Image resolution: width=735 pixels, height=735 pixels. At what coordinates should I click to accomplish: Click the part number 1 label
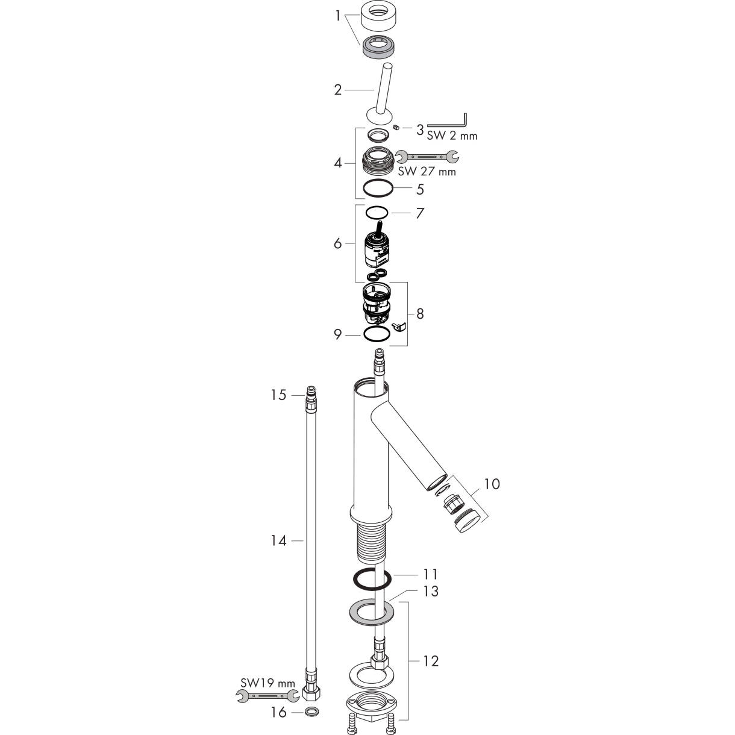tap(337, 16)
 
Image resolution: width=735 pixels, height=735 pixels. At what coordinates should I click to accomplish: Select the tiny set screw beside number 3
tap(396, 127)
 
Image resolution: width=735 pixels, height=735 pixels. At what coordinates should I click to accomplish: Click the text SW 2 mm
tap(452, 136)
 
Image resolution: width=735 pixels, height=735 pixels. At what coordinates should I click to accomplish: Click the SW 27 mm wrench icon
tap(427, 157)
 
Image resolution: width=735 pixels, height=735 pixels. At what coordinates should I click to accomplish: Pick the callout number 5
tap(420, 189)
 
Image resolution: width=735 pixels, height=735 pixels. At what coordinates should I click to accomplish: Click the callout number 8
tap(420, 313)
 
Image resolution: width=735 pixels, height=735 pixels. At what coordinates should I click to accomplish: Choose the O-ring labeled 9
tap(377, 334)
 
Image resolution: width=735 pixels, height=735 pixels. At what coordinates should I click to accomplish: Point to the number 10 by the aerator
tap(492, 484)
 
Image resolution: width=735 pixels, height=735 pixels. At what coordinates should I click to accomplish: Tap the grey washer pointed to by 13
tap(371, 617)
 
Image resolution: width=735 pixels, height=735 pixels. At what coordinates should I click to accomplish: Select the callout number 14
tap(278, 540)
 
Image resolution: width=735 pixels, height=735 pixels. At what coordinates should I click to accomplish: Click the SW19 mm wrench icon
tap(267, 696)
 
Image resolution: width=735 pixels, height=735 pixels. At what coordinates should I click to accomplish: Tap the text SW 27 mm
tap(427, 172)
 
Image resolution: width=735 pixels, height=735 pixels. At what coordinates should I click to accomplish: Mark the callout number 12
tap(431, 661)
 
